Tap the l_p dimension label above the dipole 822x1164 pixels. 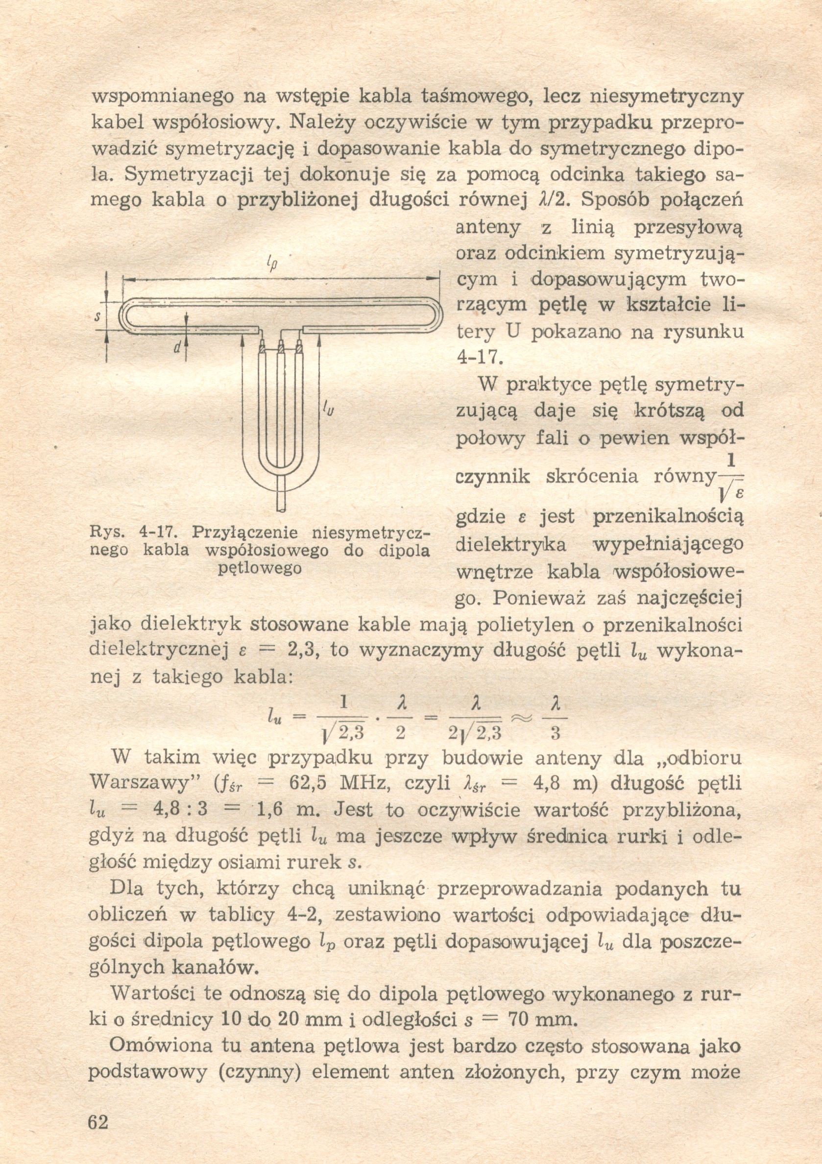point(272,264)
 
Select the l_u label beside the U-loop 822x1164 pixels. point(328,409)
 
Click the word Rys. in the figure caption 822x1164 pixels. point(106,533)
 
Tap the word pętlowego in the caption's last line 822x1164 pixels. point(260,568)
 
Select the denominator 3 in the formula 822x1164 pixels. point(555,733)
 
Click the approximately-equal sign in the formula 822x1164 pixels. point(522,719)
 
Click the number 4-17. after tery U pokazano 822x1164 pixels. point(479,357)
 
